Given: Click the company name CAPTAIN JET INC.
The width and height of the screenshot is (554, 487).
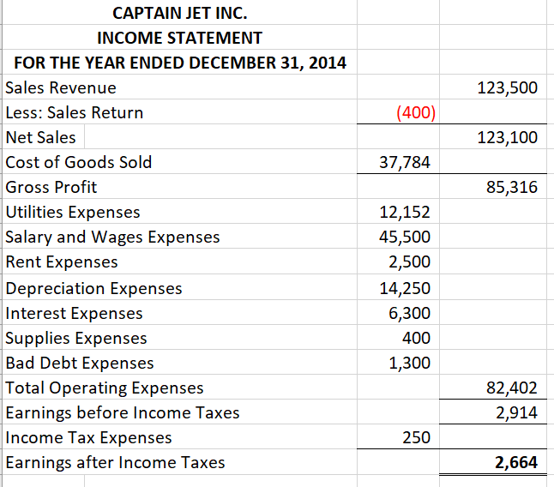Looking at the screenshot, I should click(x=179, y=13).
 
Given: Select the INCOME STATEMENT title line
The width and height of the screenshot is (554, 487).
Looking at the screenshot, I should click(x=179, y=38).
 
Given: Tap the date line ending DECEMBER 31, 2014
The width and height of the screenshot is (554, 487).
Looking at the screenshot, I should click(x=179, y=63).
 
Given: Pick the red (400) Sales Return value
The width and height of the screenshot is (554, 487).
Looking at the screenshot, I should click(x=415, y=112).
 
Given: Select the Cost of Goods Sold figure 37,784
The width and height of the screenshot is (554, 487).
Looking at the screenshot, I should click(x=405, y=162).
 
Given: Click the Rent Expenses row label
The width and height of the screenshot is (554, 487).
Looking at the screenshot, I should click(x=62, y=262).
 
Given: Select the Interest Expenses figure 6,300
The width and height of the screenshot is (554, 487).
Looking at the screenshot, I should click(x=409, y=313).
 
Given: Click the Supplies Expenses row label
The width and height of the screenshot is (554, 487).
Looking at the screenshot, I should click(x=76, y=338).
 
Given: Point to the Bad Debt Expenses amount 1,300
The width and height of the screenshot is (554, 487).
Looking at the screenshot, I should click(x=409, y=363).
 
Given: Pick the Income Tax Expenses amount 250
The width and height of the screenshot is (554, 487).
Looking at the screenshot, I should click(x=416, y=437).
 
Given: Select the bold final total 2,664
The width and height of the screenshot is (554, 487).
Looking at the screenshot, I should click(x=515, y=463).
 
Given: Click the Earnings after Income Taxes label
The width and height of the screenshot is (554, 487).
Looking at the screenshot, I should click(x=115, y=462).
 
